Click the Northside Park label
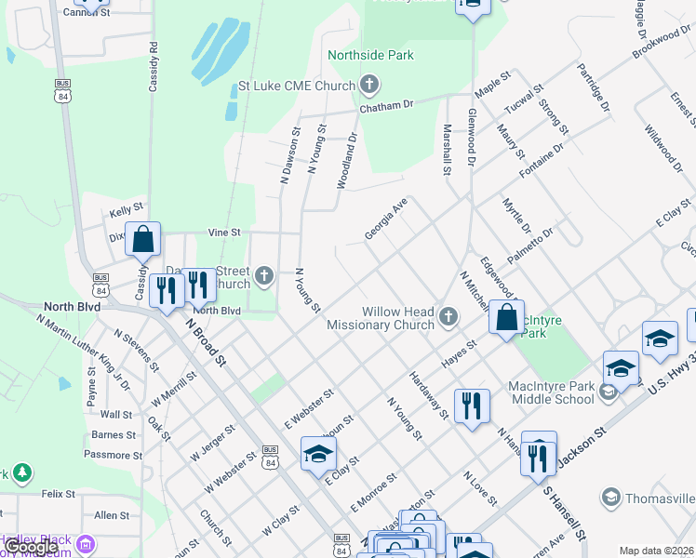(x=370, y=56)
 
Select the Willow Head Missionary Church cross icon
(x=448, y=318)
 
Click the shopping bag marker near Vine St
(x=143, y=241)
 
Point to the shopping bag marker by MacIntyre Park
(x=506, y=319)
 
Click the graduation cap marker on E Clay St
(x=318, y=456)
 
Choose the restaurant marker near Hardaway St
(x=472, y=406)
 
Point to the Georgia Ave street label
(x=386, y=218)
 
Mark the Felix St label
(x=58, y=494)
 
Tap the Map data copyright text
(x=656, y=551)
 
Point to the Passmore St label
(x=112, y=455)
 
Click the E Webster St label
(x=309, y=410)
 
